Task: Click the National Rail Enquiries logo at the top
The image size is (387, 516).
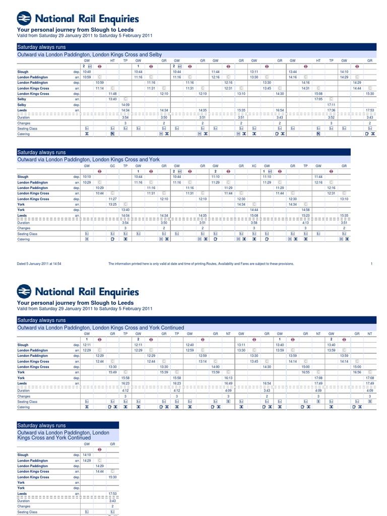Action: [78, 19]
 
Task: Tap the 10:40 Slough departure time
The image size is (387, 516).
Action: [87, 72]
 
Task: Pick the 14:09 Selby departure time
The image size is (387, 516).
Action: [125, 104]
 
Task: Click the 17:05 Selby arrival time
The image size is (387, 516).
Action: [318, 99]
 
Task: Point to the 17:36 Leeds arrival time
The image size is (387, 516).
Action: [331, 110]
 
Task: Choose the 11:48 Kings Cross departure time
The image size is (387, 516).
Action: [112, 94]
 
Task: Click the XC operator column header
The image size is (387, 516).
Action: [254, 166]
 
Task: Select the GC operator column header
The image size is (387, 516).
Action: [112, 166]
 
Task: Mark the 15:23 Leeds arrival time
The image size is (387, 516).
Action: [305, 215]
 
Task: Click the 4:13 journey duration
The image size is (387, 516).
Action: [305, 222]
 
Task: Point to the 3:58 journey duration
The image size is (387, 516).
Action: [254, 222]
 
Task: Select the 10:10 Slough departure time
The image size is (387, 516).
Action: [87, 177]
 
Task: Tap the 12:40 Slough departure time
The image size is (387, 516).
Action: [190, 345]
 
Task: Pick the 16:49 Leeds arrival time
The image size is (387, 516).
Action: [228, 383]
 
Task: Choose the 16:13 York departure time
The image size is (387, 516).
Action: [228, 377]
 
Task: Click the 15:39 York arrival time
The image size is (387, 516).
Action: [164, 372]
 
